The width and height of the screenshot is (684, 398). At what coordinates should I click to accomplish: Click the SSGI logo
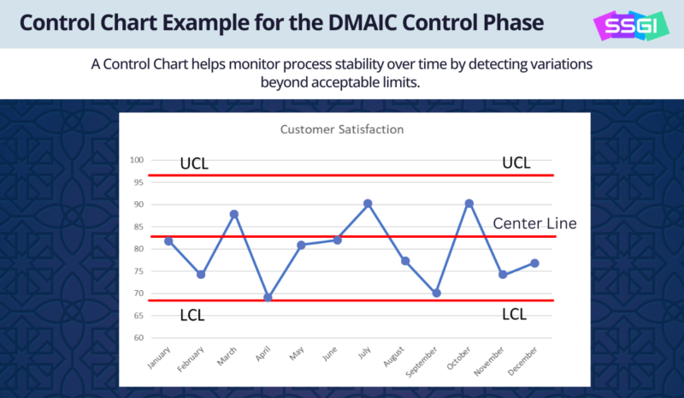pos(634,25)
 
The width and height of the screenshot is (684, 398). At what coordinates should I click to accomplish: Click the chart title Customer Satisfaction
pos(342,130)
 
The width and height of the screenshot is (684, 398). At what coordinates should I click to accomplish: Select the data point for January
pos(169,241)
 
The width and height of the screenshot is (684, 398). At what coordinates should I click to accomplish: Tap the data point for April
pos(268,297)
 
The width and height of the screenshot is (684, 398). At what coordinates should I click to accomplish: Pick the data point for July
pos(368,204)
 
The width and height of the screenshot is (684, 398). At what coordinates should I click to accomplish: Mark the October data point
pos(468,204)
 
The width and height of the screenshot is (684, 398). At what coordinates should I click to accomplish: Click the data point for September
pos(435,293)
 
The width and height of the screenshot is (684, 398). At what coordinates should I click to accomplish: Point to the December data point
pos(534,263)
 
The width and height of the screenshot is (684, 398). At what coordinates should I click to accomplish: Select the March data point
pos(234,214)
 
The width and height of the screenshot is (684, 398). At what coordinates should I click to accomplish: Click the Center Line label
pos(535,223)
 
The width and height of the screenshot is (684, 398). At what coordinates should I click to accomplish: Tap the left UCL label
pos(193,163)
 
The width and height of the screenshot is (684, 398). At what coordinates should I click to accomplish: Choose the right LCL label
pos(515,314)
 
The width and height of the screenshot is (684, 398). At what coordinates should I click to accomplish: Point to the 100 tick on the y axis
pos(137,160)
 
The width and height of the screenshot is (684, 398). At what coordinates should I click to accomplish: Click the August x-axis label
pos(396,359)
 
